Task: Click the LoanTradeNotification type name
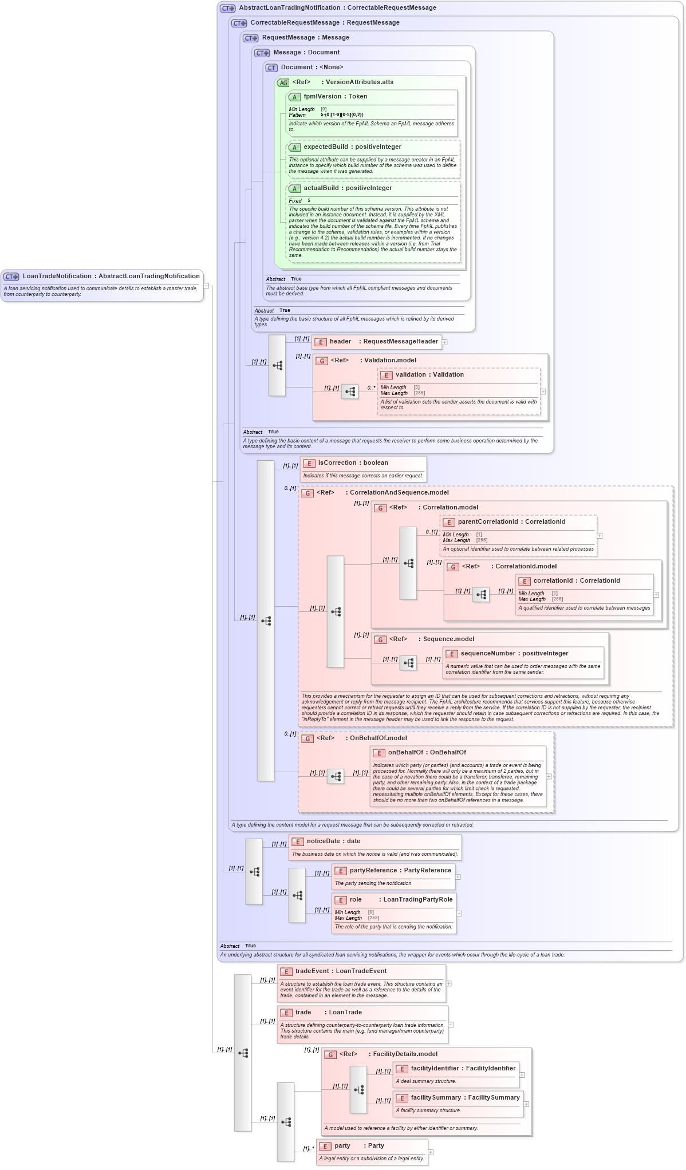click(x=58, y=276)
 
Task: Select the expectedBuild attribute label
click(x=325, y=147)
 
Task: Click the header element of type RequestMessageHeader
click(x=340, y=342)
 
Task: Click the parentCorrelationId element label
click(x=488, y=522)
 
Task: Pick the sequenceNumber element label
click(x=488, y=654)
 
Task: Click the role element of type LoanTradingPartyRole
click(x=356, y=900)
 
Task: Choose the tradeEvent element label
click(x=312, y=971)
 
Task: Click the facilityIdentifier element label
click(x=435, y=1069)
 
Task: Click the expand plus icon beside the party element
click(x=431, y=1152)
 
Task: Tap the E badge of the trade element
click(x=286, y=1013)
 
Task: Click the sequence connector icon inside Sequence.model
click(x=408, y=663)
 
